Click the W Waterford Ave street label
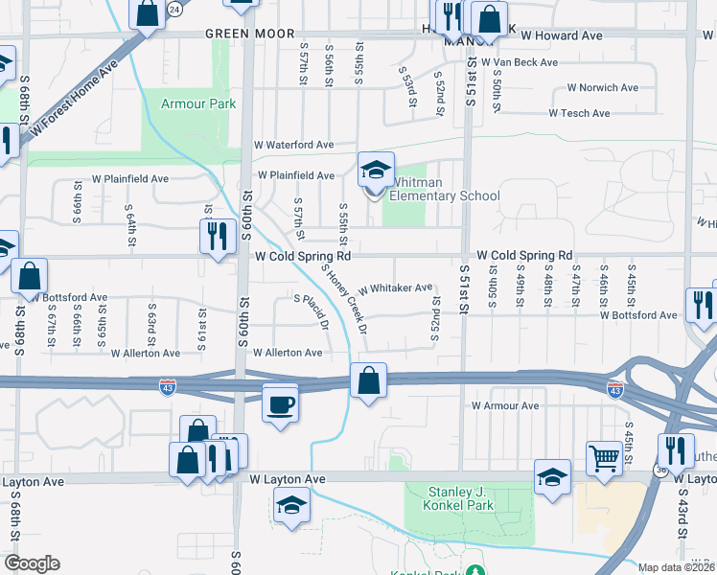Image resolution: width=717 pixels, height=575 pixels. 293,145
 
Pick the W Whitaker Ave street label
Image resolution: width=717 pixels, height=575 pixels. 396,288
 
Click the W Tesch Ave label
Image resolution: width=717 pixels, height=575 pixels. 579,113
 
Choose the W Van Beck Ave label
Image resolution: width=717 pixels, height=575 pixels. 520,62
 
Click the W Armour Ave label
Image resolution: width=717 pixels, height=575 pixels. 505,406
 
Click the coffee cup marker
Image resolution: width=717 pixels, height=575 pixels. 280,403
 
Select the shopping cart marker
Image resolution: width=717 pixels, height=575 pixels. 603,457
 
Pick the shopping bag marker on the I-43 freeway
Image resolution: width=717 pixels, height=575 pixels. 368,381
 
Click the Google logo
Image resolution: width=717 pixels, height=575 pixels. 32,563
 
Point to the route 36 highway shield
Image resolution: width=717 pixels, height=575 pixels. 659,471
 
